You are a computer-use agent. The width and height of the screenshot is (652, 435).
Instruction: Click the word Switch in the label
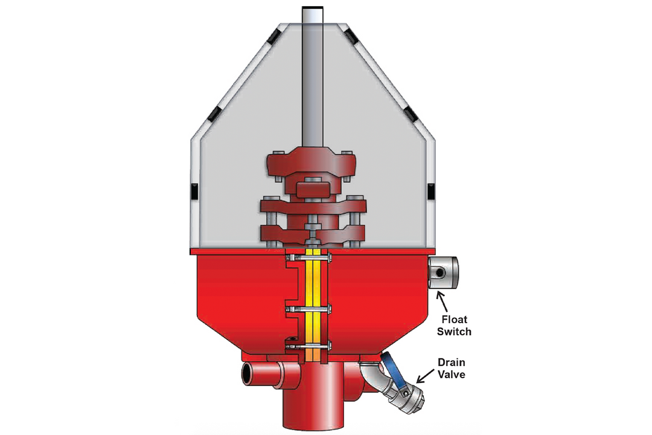tap(456, 331)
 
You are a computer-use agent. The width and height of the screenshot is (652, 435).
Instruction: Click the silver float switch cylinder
tap(442, 273)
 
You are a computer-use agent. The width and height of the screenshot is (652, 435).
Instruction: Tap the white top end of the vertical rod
tap(313, 13)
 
